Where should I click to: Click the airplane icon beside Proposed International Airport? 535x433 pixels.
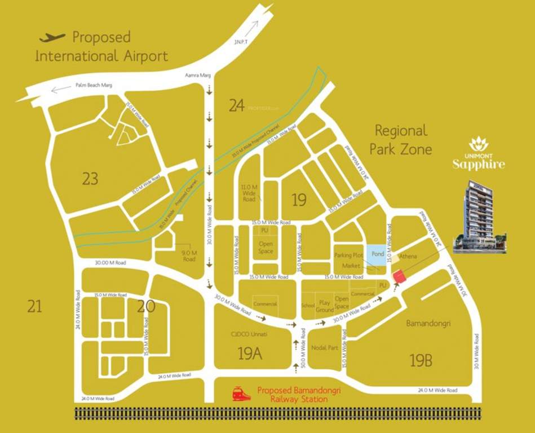point(52,38)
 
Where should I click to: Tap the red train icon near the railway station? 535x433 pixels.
point(241,393)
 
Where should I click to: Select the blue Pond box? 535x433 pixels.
point(377,254)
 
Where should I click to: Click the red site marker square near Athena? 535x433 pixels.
point(399,277)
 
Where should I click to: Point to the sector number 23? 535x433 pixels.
point(90,179)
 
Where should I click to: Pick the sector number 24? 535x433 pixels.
point(237,105)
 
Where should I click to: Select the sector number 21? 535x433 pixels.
point(34,306)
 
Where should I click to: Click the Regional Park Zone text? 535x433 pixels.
point(401,140)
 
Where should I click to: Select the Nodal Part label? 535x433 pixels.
point(324,348)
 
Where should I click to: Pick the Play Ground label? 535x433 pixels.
point(325,307)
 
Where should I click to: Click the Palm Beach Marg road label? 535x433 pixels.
point(94,85)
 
